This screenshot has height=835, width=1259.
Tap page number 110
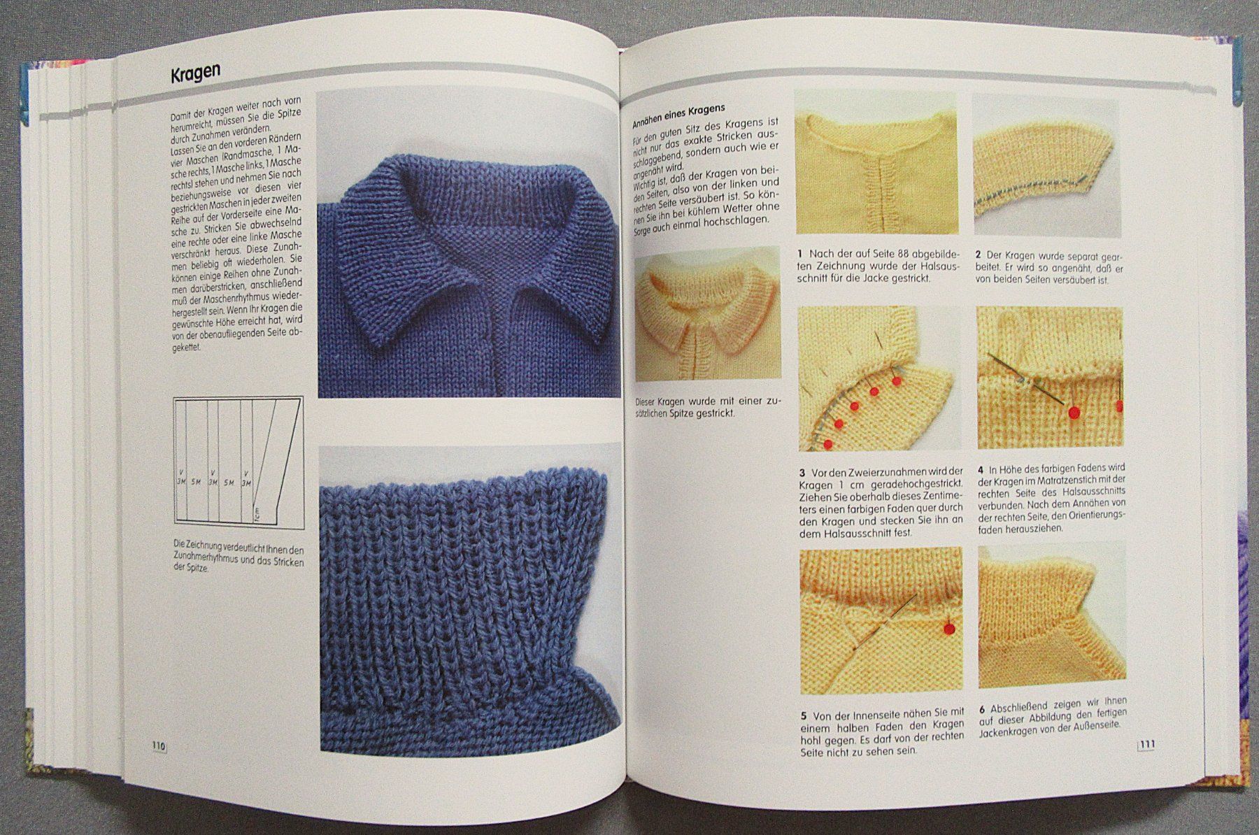(x=158, y=746)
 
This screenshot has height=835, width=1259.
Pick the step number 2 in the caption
(x=980, y=255)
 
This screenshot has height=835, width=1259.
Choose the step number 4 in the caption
(x=981, y=469)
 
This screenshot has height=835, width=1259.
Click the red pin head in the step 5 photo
(x=950, y=628)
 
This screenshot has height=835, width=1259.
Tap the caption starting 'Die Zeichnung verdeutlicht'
(x=238, y=557)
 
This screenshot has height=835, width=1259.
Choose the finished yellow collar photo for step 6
(x=1052, y=618)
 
